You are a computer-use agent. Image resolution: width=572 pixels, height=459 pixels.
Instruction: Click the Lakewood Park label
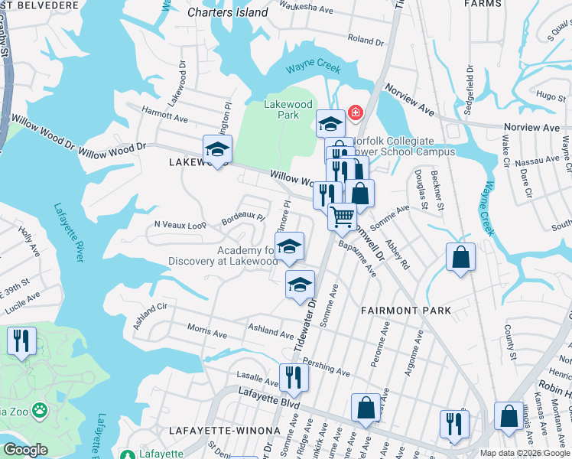click(x=288, y=109)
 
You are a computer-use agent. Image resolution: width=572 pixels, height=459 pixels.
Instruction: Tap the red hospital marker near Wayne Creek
click(x=355, y=113)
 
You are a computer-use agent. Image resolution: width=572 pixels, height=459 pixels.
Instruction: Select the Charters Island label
click(x=228, y=12)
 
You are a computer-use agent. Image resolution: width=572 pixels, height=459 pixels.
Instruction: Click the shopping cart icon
click(x=343, y=216)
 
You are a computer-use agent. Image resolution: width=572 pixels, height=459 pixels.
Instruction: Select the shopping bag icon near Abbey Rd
click(x=460, y=258)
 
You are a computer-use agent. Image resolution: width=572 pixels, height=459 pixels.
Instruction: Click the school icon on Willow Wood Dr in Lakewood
click(x=218, y=149)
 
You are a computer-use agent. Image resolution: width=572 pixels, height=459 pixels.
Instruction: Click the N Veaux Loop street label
click(x=180, y=225)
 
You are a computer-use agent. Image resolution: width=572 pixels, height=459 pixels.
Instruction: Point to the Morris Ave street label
click(x=208, y=331)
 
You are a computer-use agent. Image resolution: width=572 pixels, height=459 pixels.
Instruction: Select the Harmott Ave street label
click(x=165, y=116)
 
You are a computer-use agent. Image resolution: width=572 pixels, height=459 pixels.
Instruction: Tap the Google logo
click(x=26, y=449)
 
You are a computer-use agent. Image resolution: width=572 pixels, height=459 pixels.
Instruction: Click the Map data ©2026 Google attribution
click(x=525, y=453)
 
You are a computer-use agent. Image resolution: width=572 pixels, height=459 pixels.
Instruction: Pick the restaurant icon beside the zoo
click(x=21, y=341)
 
